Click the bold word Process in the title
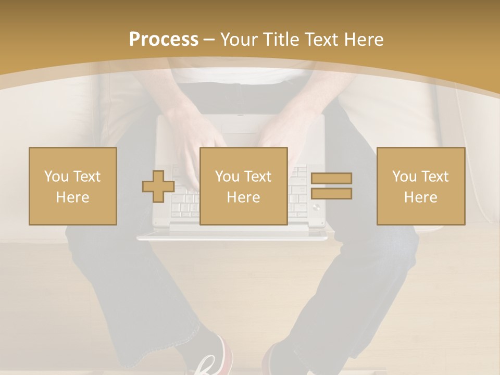coord(164,40)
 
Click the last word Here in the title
coord(365,40)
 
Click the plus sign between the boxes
coord(158,186)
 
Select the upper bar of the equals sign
coord(331,178)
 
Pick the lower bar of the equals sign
coord(331,194)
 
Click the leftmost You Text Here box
coord(73,186)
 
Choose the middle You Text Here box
coord(243,186)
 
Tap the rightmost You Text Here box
coord(420,186)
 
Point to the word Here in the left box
coord(73,197)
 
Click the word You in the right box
coord(404,177)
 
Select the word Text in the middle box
coord(258,177)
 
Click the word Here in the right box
coord(420,197)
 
